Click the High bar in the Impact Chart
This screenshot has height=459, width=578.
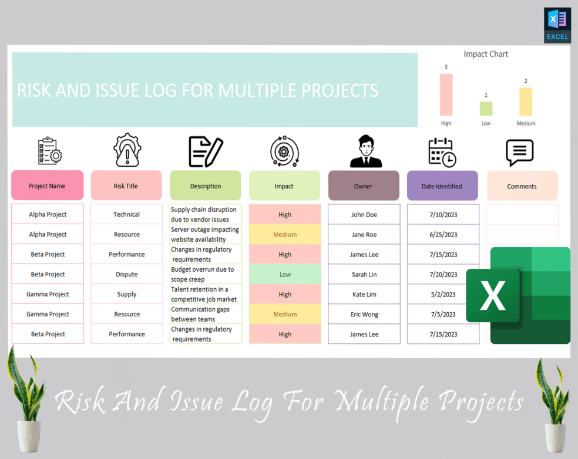446,95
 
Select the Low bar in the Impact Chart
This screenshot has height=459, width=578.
486,109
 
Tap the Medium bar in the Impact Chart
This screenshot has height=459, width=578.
526,102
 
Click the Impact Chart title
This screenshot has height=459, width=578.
486,54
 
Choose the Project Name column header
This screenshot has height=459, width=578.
47,186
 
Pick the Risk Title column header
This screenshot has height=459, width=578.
126,186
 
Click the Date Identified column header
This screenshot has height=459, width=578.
442,186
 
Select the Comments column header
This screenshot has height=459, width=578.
522,186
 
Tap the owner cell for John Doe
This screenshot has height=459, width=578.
364,214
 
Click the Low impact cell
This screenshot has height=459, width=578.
285,274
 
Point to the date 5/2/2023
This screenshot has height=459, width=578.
442,294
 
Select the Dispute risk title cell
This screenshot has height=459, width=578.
126,274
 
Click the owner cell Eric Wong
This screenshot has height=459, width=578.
364,314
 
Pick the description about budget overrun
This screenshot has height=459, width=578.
205,274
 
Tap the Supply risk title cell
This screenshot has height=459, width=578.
126,294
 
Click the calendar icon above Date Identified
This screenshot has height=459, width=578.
442,152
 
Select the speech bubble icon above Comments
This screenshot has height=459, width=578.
520,153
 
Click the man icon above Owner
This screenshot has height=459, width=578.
365,151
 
